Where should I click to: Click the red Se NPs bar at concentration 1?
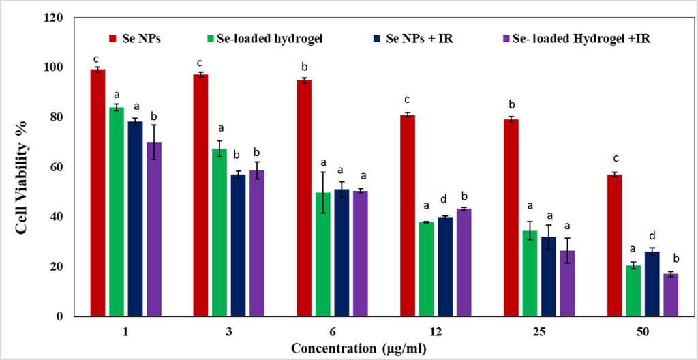click(x=97, y=193)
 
